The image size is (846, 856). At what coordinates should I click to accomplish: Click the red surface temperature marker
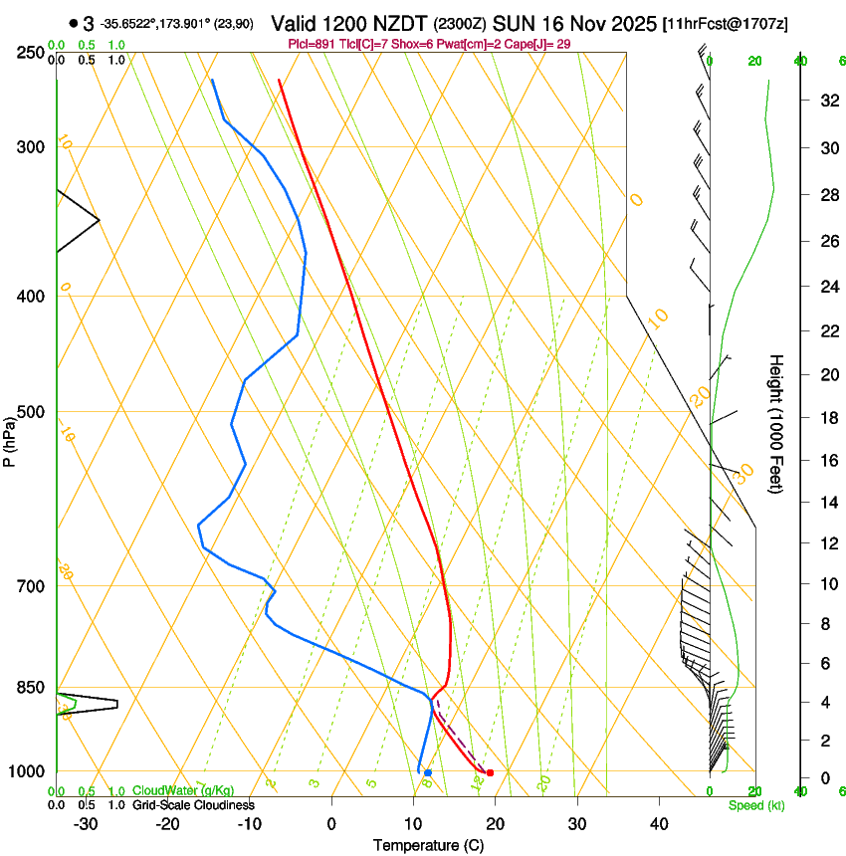click(490, 773)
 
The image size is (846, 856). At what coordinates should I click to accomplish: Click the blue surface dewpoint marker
click(428, 772)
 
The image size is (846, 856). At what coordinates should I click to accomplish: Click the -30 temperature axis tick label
click(86, 824)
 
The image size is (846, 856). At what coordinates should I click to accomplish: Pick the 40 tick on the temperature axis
click(659, 824)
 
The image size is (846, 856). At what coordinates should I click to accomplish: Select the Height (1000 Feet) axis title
click(776, 423)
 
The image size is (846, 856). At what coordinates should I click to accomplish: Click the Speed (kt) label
click(755, 805)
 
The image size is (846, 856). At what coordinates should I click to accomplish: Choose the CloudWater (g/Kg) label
click(183, 791)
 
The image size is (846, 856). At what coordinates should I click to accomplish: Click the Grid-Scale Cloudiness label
click(193, 805)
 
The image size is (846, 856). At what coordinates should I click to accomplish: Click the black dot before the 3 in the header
click(74, 23)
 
